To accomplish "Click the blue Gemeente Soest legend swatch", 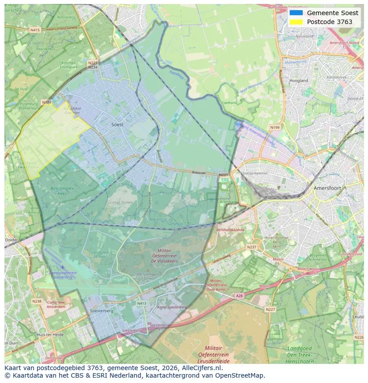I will (x=296, y=13).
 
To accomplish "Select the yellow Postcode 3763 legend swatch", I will (x=296, y=22).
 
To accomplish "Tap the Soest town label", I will (x=117, y=125).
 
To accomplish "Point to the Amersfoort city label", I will (x=327, y=188).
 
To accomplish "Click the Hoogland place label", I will (x=299, y=81).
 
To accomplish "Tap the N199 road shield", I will (x=275, y=128).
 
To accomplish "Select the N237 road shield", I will (x=252, y=247).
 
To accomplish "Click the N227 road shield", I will (x=270, y=309).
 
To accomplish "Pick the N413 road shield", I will (x=141, y=304).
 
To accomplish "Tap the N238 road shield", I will (x=36, y=301).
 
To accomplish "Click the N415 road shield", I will (x=35, y=30).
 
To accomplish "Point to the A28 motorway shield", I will (x=240, y=296).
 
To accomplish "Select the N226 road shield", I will (x=359, y=337).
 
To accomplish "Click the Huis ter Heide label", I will (x=50, y=335).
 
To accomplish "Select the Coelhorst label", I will (x=229, y=103).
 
